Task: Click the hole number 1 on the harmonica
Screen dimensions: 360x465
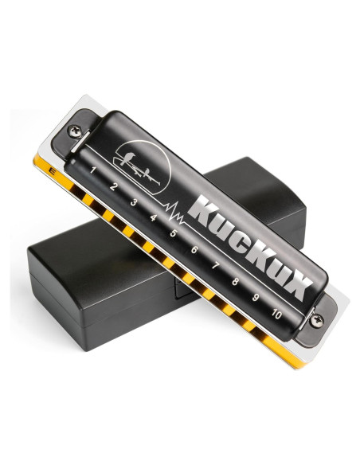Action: point(93,170)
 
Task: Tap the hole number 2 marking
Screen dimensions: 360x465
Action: point(113,187)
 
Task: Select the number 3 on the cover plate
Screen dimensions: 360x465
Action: point(134,202)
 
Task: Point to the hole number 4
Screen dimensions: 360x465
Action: point(153,217)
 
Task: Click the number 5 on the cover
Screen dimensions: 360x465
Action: point(174,233)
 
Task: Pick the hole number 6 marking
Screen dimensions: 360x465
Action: point(194,250)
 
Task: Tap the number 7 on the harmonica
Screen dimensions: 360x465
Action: point(215,266)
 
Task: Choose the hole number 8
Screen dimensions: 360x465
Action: point(235,281)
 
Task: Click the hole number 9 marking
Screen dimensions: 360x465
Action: point(256,298)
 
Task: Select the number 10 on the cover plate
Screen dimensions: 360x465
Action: point(276,314)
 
